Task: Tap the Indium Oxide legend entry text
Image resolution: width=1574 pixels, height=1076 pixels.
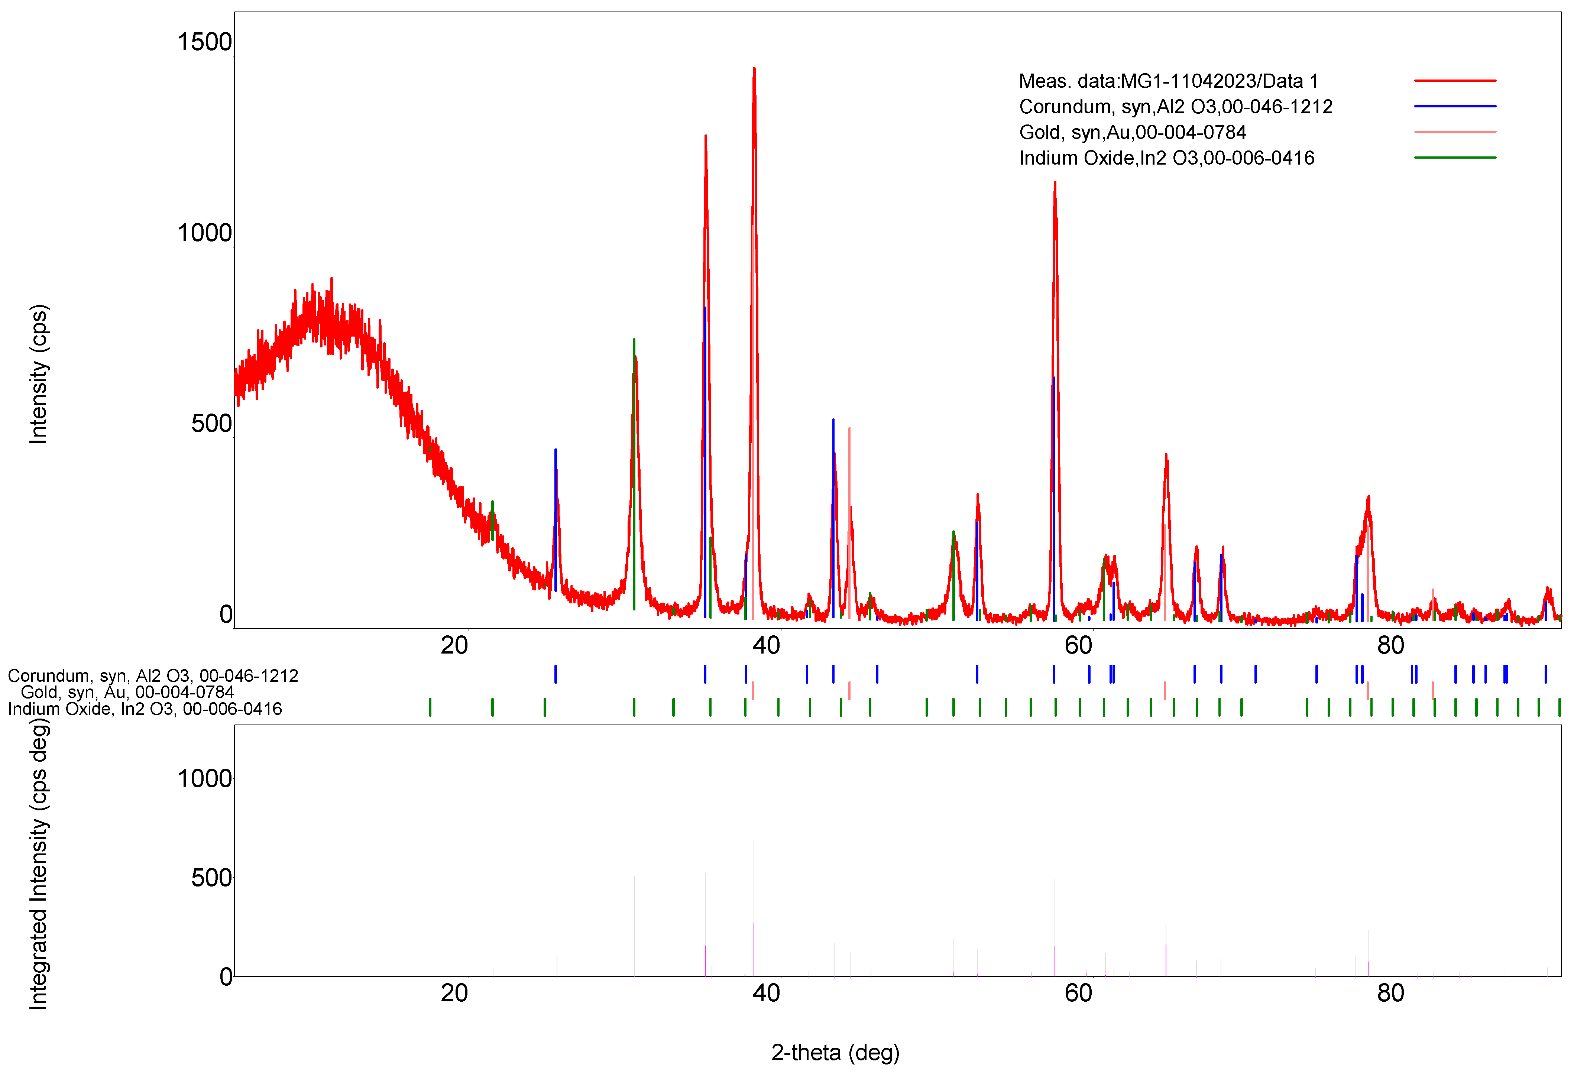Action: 1166,158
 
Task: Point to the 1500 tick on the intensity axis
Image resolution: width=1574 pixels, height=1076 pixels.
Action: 204,42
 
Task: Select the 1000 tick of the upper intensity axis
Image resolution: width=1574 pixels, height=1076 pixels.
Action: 204,233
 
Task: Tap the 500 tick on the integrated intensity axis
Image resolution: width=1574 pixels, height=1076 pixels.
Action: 211,878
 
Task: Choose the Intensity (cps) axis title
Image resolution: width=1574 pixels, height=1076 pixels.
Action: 38,375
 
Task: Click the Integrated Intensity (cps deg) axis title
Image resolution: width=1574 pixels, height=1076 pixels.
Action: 38,863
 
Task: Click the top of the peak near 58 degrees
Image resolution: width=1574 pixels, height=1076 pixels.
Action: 1055,183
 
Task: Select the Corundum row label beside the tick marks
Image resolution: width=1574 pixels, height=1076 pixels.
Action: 152,676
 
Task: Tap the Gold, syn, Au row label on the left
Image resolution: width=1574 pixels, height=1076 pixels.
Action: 127,692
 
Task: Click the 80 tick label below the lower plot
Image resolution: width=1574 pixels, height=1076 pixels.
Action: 1390,994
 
